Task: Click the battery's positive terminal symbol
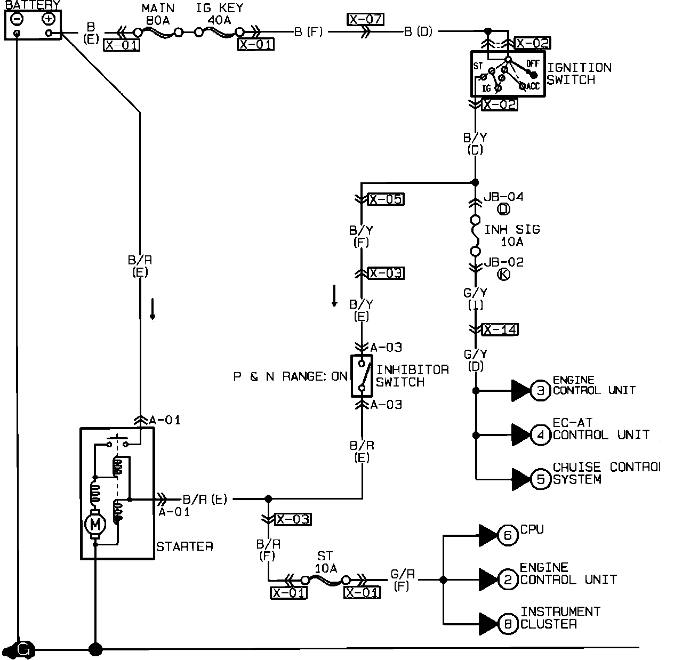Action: pyautogui.click(x=49, y=19)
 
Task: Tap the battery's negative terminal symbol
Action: pyautogui.click(x=17, y=19)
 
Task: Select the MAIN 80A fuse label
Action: pyautogui.click(x=158, y=14)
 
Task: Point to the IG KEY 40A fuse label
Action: pyautogui.click(x=219, y=14)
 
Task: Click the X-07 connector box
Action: pyautogui.click(x=365, y=19)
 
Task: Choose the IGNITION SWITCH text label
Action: pyautogui.click(x=579, y=74)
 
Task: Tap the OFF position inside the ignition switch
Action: pyautogui.click(x=533, y=63)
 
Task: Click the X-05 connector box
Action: pyautogui.click(x=386, y=199)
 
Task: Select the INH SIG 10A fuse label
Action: pyautogui.click(x=512, y=236)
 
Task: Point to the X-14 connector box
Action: pyautogui.click(x=500, y=329)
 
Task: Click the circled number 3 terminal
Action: pyautogui.click(x=540, y=390)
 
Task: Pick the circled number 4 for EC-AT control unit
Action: pyautogui.click(x=540, y=435)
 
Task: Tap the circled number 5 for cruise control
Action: pyautogui.click(x=540, y=479)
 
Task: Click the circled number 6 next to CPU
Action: pyautogui.click(x=508, y=535)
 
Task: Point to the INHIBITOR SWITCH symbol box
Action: pyautogui.click(x=362, y=376)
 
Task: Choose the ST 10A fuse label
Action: pyautogui.click(x=325, y=562)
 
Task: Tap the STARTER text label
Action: pyautogui.click(x=184, y=546)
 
